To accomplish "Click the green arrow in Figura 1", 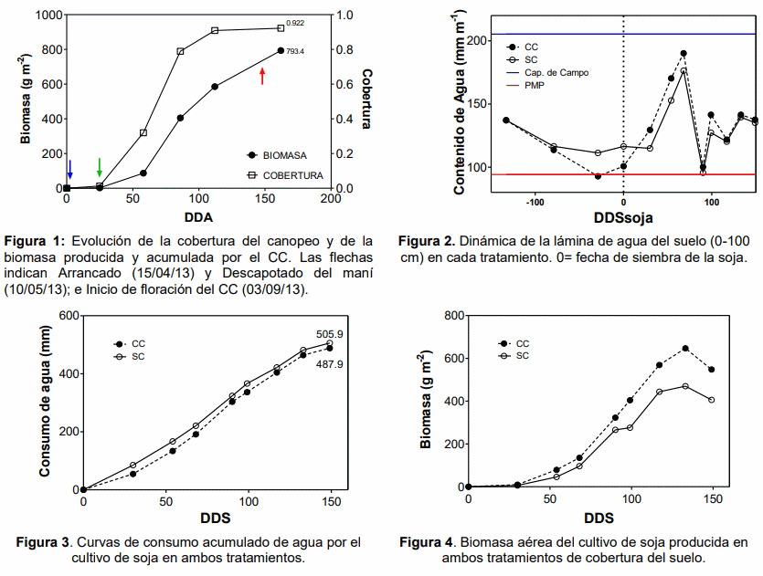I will coord(99,167).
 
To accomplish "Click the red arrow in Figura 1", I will coord(262,76).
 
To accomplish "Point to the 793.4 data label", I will coord(293,51).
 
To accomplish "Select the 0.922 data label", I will coord(295,21).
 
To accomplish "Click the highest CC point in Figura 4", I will coord(685,349).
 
